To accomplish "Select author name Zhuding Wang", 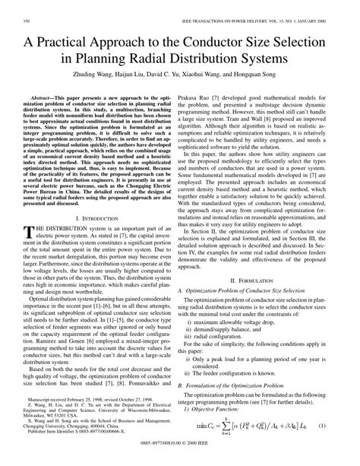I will pos(74,82).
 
